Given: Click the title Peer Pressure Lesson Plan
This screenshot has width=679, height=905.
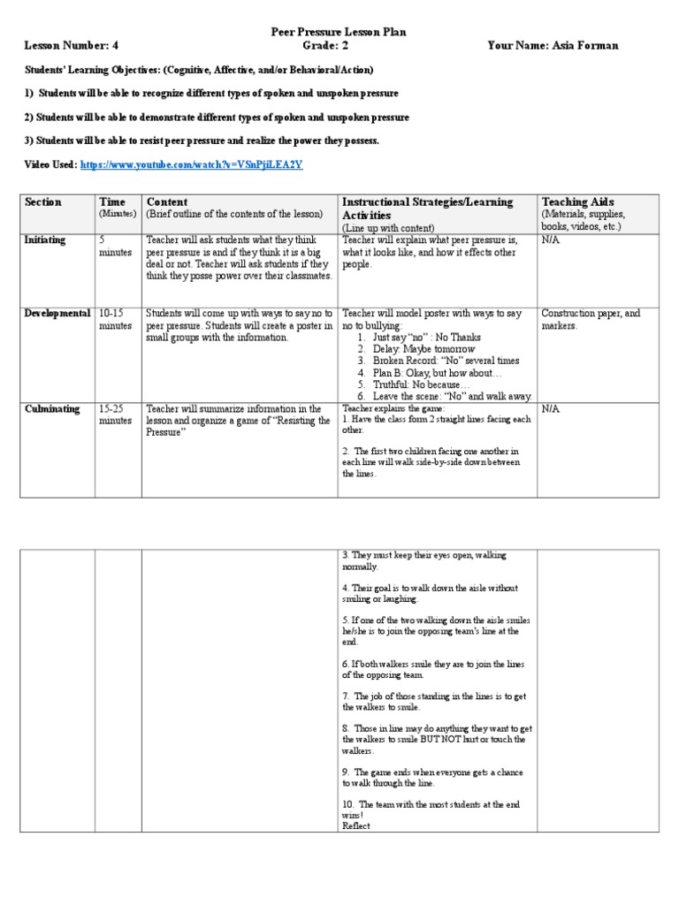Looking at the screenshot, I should point(339,32).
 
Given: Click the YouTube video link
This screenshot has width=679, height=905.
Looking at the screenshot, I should point(192,165).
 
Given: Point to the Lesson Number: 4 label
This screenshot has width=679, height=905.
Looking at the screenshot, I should point(68,45).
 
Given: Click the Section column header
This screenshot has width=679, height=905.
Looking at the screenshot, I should point(43,202).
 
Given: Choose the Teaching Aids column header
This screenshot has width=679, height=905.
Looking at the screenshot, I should point(577,202).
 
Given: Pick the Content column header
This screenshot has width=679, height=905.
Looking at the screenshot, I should point(167,202).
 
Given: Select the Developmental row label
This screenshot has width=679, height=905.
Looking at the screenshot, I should point(58,314).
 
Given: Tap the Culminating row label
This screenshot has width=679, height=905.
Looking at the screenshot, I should point(53,409).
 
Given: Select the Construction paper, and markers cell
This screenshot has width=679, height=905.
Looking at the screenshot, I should point(590,319).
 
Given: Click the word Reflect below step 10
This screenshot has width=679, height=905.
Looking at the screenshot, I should point(355,825).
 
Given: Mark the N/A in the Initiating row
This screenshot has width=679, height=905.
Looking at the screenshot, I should point(550,240).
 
